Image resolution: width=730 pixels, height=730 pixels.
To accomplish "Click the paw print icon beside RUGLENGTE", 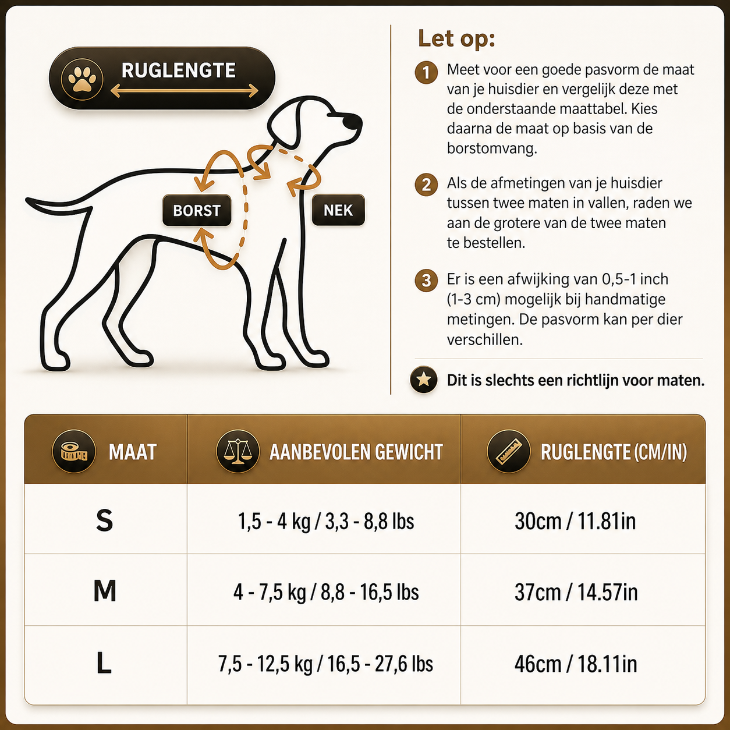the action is (82, 79).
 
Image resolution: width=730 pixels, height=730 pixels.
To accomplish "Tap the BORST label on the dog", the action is (197, 210).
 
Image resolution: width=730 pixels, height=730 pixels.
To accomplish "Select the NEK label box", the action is (338, 210).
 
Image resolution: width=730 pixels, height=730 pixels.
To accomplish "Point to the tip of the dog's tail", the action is (27, 200).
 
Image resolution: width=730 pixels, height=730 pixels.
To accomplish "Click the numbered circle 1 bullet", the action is (426, 72).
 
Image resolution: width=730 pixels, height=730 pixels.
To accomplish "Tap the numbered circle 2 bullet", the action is (426, 185).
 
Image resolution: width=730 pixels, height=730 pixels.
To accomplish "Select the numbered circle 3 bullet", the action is (426, 281).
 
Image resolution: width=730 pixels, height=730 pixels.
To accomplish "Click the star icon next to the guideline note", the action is (424, 379).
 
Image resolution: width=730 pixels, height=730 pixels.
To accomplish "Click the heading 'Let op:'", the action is (456, 38).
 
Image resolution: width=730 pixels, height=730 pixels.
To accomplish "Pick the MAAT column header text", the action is (132, 452).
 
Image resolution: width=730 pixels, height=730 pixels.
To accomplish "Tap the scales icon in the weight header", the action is (238, 451).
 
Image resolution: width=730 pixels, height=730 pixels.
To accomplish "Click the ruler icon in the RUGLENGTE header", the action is (508, 451).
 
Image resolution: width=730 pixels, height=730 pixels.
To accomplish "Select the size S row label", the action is (105, 520).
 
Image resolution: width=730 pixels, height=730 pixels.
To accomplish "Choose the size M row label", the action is (105, 591).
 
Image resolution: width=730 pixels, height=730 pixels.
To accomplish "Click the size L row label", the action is (104, 663).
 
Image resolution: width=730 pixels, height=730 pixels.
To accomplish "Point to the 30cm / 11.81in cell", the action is (575, 521).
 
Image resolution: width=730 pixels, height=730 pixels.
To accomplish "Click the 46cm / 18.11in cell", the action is (576, 664).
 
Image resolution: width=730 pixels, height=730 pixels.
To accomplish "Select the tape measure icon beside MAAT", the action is (75, 451).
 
